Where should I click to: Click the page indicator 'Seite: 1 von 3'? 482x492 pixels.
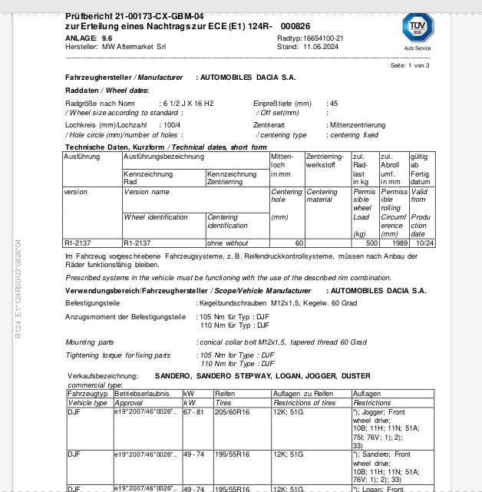410,66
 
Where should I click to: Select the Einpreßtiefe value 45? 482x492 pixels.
333,103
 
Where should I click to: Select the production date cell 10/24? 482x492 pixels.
424,243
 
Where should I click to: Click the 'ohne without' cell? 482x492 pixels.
223,243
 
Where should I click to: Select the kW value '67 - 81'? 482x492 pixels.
193,412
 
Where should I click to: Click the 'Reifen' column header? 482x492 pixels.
224,393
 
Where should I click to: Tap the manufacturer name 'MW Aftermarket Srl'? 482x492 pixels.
134,46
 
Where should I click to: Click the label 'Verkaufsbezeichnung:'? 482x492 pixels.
104,376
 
